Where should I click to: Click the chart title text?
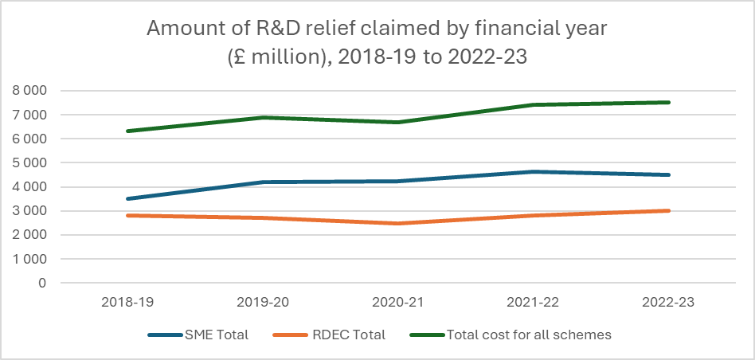(377, 43)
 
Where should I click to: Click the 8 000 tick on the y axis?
(29, 91)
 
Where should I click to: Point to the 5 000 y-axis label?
(29, 162)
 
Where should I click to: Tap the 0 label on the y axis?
(41, 283)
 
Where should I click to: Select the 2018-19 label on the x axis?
(127, 303)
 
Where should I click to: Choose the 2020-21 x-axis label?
(397, 303)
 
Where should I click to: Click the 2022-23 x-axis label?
(668, 303)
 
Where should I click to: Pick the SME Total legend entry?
(198, 335)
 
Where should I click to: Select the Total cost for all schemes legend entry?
(509, 335)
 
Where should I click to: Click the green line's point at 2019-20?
(262, 118)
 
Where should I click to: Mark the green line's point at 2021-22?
(533, 104)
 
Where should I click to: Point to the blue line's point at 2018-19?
(127, 198)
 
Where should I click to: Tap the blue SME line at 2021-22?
(533, 171)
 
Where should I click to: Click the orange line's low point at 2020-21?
(397, 223)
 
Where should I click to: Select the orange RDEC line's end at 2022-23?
(668, 211)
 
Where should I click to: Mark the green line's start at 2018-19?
(127, 131)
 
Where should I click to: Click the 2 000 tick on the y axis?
(29, 235)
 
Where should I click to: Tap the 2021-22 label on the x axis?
(533, 303)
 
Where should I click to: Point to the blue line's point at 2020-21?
(397, 181)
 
